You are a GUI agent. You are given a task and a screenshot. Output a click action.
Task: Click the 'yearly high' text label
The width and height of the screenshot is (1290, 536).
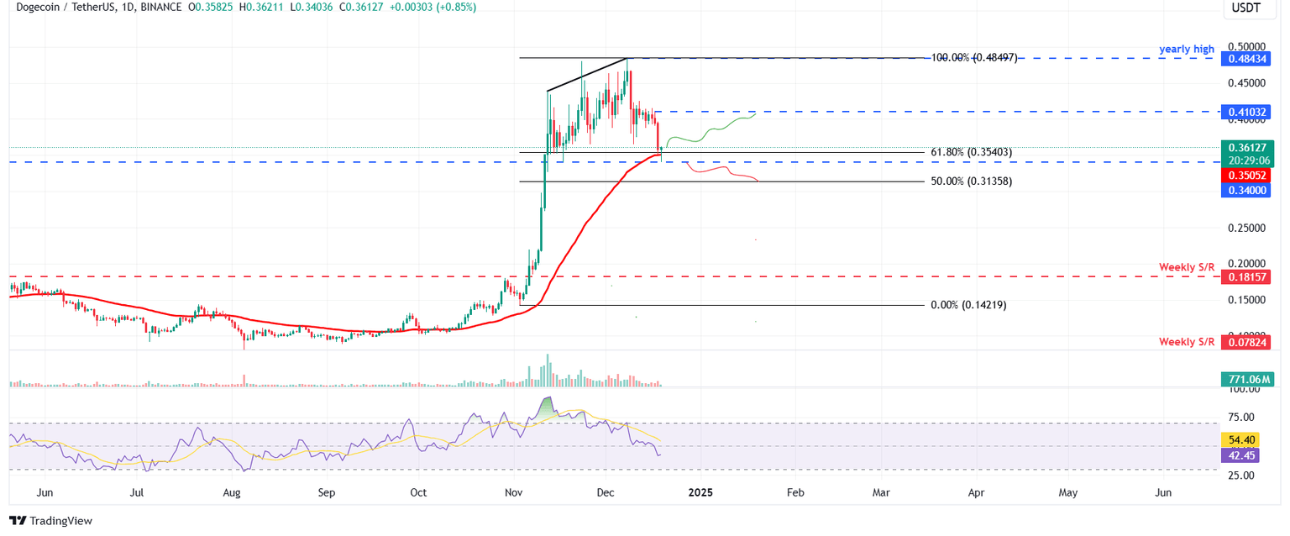1187,49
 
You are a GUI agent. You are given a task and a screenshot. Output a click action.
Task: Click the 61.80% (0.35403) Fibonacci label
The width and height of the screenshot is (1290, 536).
971,152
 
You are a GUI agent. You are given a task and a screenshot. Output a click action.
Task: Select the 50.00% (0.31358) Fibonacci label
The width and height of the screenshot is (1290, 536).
971,181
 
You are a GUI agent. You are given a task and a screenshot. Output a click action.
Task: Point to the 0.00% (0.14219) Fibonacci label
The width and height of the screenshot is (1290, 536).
968,305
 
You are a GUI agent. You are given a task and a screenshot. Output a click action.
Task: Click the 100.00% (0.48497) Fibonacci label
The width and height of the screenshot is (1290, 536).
974,58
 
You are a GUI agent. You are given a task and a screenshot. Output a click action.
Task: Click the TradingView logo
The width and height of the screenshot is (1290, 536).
51,521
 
